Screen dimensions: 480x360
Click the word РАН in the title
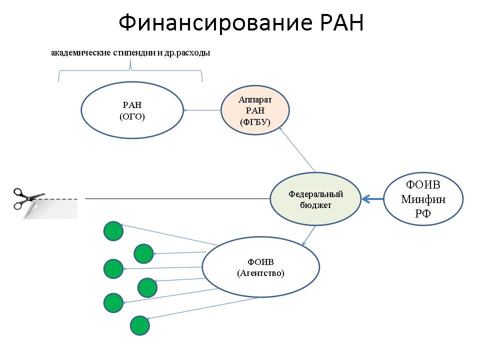coord(341,23)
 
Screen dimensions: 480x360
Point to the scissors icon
coord(29,198)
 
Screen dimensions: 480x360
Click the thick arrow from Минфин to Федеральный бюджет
coord(372,199)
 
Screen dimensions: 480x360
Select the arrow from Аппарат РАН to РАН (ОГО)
coord(202,110)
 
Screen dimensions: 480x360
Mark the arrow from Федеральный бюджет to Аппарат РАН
coord(297,149)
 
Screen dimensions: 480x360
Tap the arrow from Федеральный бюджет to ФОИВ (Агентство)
coord(308,235)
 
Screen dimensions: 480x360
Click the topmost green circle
coord(113,231)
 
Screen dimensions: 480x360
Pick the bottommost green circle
coord(140,325)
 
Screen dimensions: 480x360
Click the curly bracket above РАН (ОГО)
coord(130,71)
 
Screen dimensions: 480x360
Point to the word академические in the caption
coord(81,52)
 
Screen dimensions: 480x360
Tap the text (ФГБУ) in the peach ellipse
coord(255,122)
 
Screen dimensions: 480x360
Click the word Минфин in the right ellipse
coord(423,199)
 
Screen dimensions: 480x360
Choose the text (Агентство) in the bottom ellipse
coord(261,273)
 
